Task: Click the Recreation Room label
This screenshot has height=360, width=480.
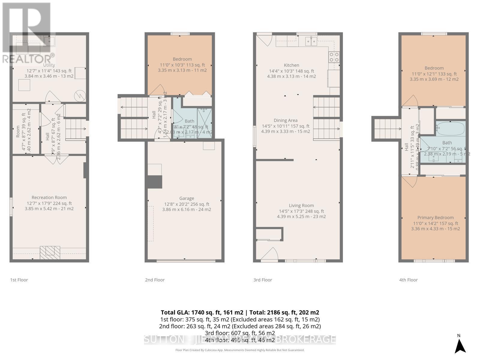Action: click(x=49, y=197)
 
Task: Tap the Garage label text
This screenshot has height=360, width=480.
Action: click(x=187, y=198)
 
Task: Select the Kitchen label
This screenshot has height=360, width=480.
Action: click(x=291, y=65)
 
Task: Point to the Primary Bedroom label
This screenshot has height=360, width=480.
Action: click(x=435, y=217)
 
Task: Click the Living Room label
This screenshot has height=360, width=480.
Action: click(x=301, y=205)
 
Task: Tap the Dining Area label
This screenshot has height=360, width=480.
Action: click(x=285, y=120)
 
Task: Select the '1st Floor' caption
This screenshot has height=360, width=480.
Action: click(x=19, y=280)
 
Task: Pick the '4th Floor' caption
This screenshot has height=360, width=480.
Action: click(x=408, y=280)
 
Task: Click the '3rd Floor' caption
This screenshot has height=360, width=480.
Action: click(x=262, y=280)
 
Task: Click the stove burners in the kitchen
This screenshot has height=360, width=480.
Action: click(x=334, y=57)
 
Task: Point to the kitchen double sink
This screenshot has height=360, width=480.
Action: click(x=311, y=41)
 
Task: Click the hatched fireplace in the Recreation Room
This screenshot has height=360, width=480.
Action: click(x=50, y=253)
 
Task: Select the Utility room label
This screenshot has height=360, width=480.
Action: click(x=49, y=65)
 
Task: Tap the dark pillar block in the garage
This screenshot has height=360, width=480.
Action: click(x=154, y=182)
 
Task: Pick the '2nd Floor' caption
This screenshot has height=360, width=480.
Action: click(x=155, y=280)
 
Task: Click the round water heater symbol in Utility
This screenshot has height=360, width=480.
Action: click(x=80, y=96)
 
